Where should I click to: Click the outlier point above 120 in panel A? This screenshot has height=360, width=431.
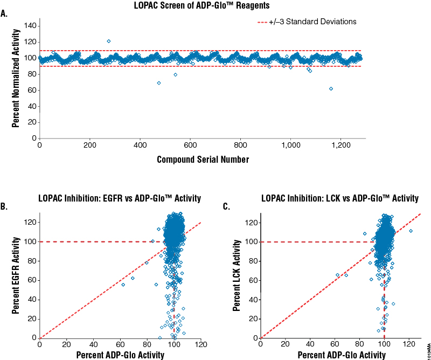click(109, 41)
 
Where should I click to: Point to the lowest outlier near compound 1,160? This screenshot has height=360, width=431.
click(331, 88)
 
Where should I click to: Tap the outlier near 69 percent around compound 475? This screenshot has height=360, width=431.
click(159, 83)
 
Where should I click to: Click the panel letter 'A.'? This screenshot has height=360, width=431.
click(5, 15)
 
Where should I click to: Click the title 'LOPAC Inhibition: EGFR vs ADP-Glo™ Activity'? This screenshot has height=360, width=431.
click(120, 198)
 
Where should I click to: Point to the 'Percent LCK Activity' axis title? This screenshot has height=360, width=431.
click(238, 276)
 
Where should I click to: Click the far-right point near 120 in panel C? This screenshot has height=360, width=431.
click(411, 231)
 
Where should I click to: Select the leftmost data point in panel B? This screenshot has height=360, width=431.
click(123, 285)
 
